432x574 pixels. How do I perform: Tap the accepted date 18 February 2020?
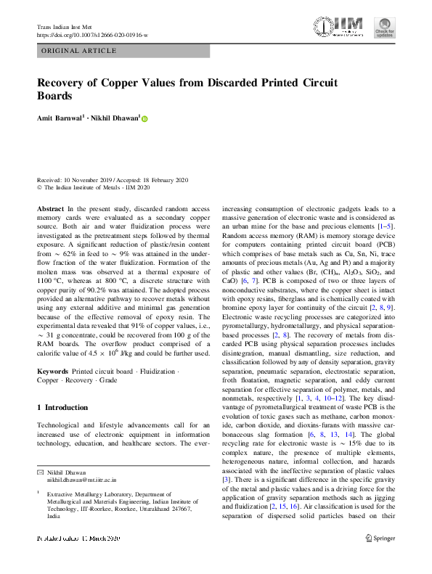click(x=161, y=179)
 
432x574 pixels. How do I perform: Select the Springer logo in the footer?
click(x=380, y=538)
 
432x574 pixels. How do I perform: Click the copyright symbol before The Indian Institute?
click(x=39, y=187)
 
